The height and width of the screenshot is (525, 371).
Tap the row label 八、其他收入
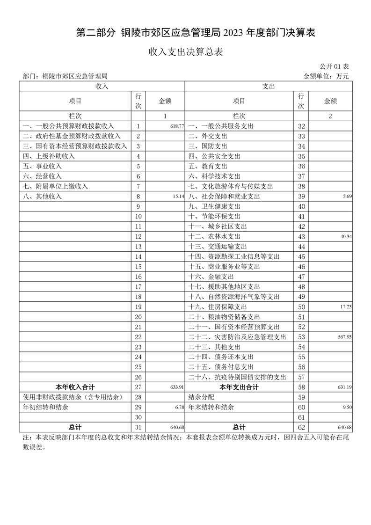[42, 197]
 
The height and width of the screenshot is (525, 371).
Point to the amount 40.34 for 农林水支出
[346, 237]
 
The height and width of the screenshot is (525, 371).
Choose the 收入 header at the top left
[102, 87]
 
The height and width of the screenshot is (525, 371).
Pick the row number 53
[301, 337]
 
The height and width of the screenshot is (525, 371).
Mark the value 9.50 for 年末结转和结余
[347, 408]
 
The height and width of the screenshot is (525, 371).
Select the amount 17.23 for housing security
[346, 307]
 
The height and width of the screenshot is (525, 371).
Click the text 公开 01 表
[335, 67]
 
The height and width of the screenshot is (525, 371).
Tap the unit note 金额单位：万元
[326, 76]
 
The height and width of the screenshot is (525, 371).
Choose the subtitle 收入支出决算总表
[185, 52]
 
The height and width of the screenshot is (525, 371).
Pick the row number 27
[138, 387]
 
